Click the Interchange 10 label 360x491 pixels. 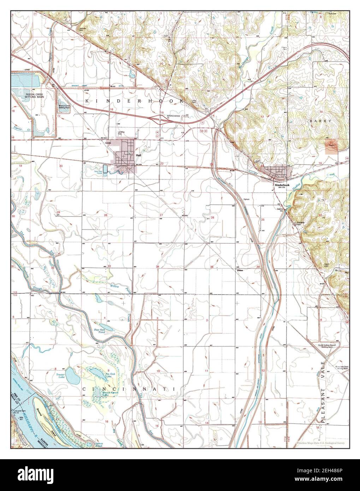tap(173, 117)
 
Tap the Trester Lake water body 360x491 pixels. tap(73, 377)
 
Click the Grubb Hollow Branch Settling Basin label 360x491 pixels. tap(325, 345)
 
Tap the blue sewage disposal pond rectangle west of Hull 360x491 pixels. tap(105, 167)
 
